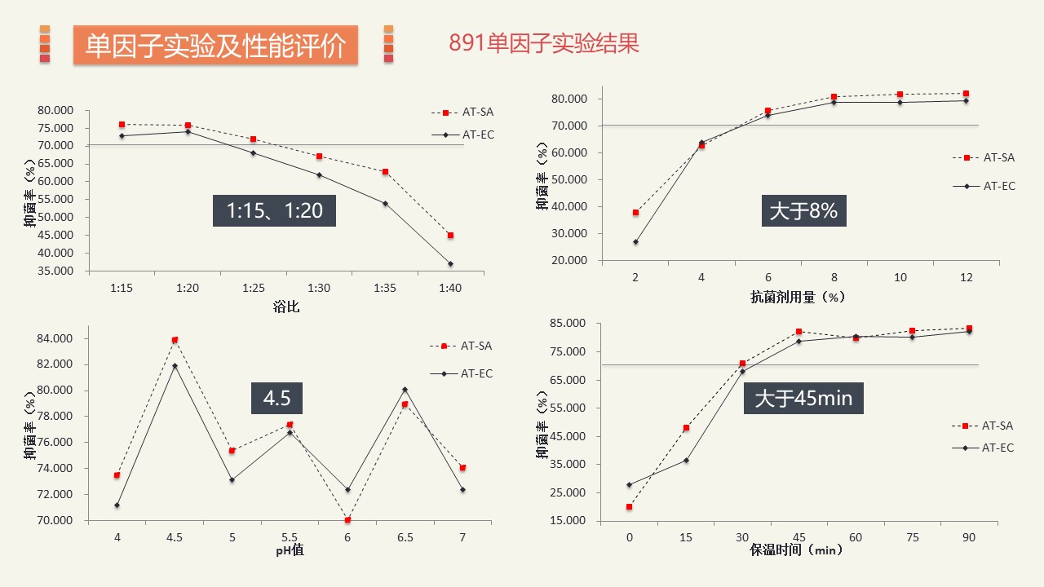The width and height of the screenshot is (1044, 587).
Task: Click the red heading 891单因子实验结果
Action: click(543, 43)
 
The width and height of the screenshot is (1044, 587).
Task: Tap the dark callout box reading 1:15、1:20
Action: click(274, 211)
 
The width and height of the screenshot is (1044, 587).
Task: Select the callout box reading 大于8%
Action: click(803, 211)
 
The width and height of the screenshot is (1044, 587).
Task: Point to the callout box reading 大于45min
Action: click(803, 399)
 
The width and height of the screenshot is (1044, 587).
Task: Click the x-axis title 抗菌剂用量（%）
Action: click(798, 298)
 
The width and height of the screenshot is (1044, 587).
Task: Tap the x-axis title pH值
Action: click(290, 550)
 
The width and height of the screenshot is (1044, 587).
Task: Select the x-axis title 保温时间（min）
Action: click(797, 550)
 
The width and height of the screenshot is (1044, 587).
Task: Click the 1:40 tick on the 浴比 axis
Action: click(450, 288)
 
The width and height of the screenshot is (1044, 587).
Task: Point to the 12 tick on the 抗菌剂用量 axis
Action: click(967, 278)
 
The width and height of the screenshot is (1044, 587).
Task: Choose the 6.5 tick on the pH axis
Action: click(405, 538)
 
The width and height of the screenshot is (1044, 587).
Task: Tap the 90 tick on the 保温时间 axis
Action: click(969, 538)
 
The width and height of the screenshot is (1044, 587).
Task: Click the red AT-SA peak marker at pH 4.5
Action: click(175, 340)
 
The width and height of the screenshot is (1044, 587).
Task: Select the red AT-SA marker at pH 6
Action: click(347, 519)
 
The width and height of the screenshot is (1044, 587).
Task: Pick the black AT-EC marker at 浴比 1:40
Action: click(450, 264)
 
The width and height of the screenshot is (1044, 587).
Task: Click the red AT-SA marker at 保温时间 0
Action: click(629, 507)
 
